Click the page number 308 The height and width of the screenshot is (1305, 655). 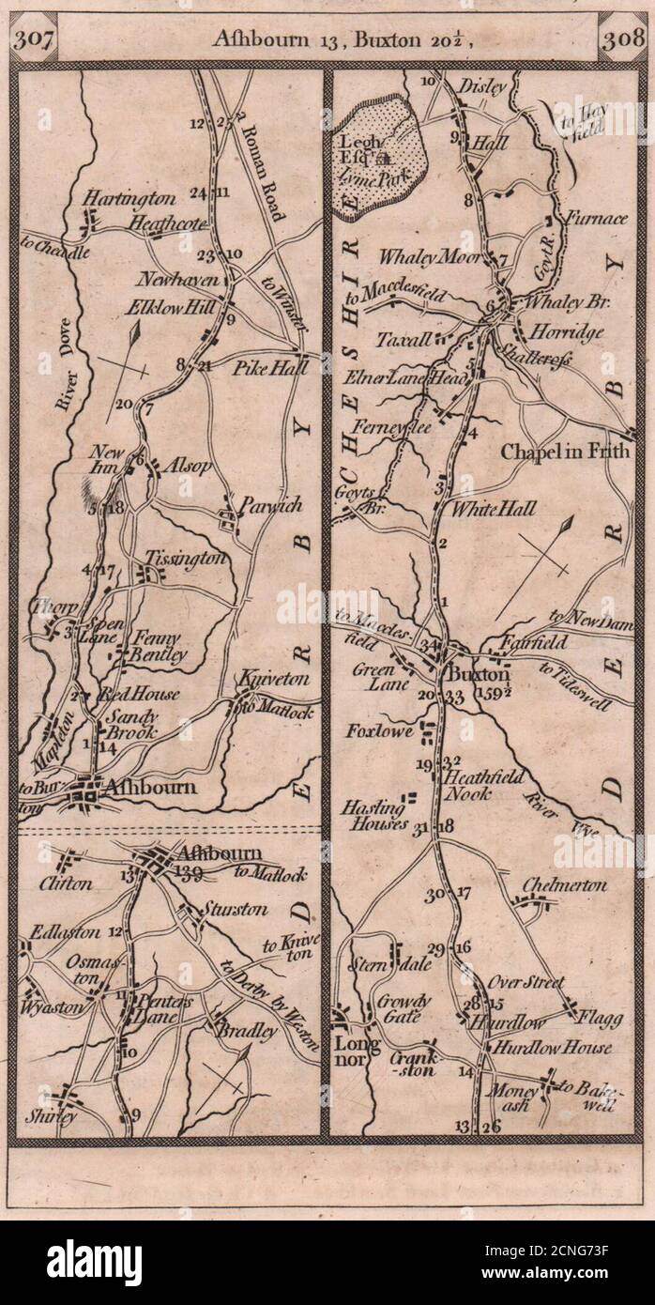[621, 39]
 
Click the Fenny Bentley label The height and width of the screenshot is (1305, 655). [155, 647]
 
